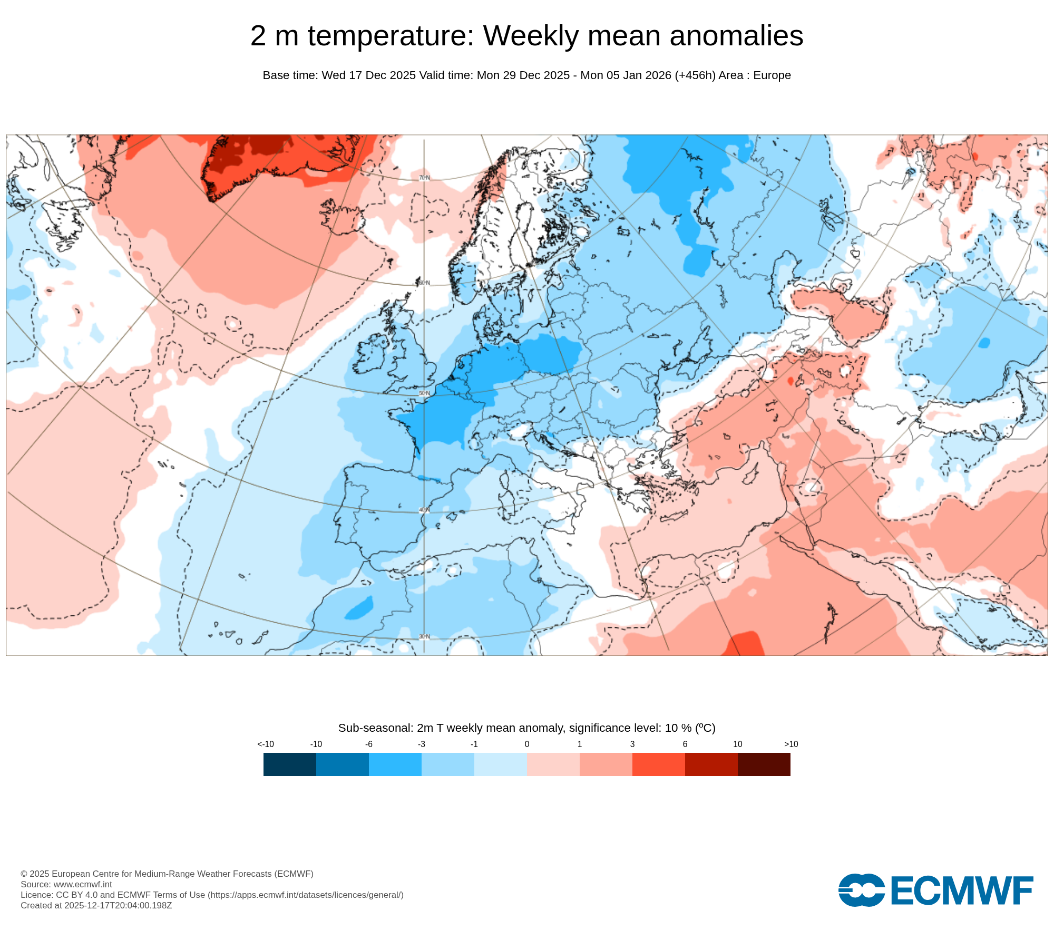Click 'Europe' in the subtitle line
(772, 75)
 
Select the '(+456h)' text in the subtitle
(695, 75)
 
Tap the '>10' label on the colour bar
(790, 744)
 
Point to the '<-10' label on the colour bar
(266, 744)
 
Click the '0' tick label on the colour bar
(527, 744)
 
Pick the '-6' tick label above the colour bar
(369, 744)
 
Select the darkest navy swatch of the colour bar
(290, 764)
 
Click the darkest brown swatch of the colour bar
(764, 764)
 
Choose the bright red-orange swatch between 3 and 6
(659, 764)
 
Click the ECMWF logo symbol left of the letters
(861, 890)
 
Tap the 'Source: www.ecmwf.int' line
(66, 884)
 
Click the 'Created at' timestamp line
(96, 905)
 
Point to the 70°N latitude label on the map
(424, 178)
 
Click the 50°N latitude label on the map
(424, 393)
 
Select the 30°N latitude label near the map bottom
(424, 637)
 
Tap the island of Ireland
(373, 356)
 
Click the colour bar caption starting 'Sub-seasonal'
(527, 728)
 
